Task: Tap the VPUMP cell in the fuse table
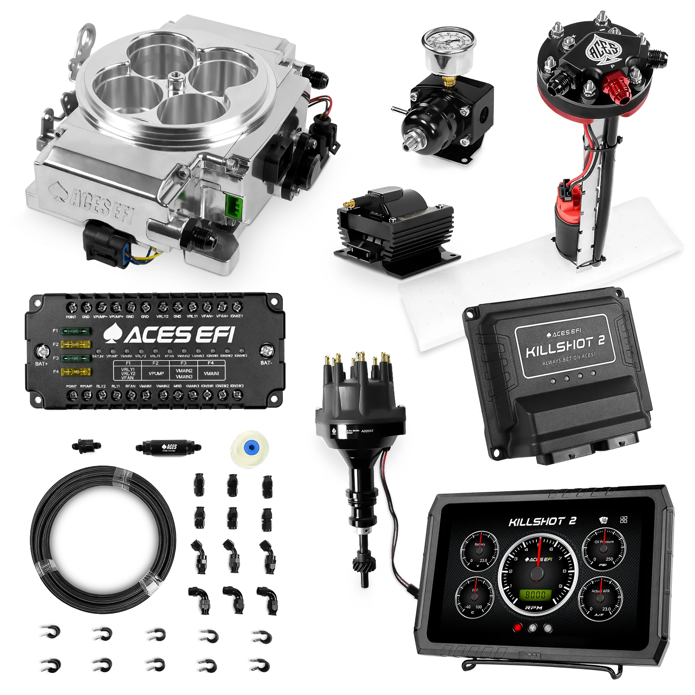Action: click(156, 373)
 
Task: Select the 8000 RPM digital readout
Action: click(536, 595)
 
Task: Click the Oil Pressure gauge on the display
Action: click(604, 549)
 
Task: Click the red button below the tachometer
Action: click(517, 628)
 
